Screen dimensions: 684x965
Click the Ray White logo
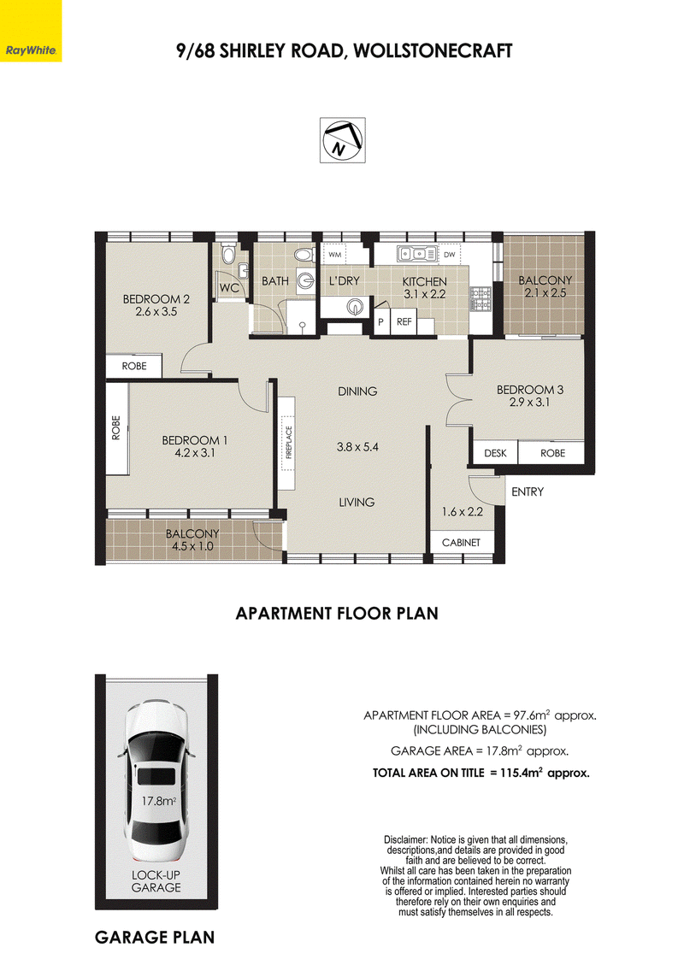click(31, 31)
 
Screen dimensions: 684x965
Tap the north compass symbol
click(342, 140)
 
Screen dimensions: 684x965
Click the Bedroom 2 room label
click(156, 299)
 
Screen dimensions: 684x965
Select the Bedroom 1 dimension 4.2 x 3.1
click(195, 453)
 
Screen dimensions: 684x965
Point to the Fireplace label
click(289, 443)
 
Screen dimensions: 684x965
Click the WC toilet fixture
click(227, 254)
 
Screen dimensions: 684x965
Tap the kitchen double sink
click(413, 253)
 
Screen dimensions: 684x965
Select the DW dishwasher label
click(450, 254)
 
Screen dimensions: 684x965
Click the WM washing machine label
click(335, 254)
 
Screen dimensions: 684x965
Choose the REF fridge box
click(404, 322)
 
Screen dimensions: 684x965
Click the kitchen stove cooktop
click(481, 298)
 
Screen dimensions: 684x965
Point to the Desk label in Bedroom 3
click(495, 453)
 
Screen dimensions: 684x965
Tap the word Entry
click(528, 491)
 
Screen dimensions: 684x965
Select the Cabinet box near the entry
click(461, 542)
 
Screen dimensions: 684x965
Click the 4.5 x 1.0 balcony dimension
click(192, 546)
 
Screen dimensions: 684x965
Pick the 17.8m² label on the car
click(159, 801)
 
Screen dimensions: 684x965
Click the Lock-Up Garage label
click(156, 881)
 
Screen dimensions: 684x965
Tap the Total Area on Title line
click(481, 773)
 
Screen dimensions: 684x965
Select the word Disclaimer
click(405, 839)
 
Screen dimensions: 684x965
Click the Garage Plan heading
click(155, 938)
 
